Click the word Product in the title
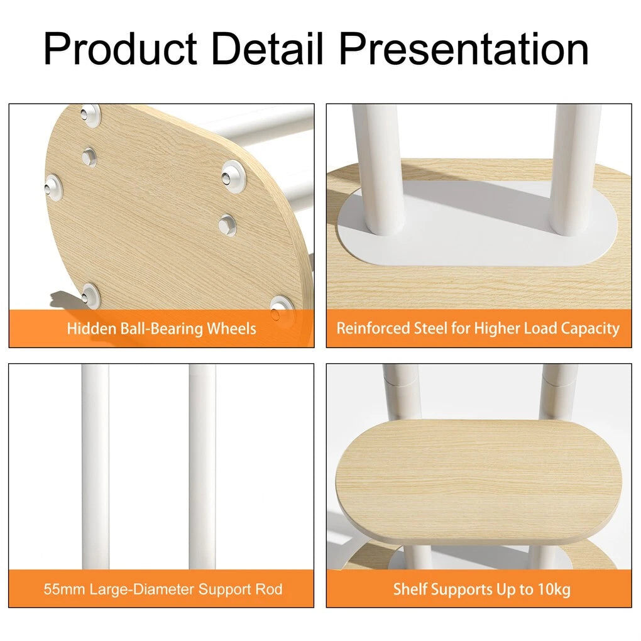121,49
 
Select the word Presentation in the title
464,49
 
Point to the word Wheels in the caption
231,328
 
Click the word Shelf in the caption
410,589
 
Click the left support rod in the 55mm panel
96,466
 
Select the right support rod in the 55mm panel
202,466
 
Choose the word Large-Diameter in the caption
142,589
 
